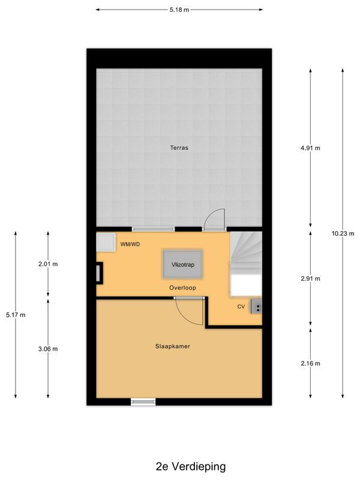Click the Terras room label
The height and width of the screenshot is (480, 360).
(179, 147)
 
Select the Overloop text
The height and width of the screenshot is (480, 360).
(182, 288)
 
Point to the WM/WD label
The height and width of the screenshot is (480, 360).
(130, 244)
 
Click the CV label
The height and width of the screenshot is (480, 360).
(241, 307)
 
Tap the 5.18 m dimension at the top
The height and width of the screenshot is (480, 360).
(178, 10)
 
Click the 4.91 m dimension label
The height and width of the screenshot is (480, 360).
(310, 148)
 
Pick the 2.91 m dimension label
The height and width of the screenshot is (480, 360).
(310, 278)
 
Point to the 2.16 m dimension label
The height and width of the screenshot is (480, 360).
(310, 363)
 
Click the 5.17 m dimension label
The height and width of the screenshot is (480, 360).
(15, 314)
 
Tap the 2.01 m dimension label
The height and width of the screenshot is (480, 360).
(48, 264)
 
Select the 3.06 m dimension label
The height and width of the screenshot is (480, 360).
(48, 349)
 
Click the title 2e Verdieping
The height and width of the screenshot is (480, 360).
(182, 466)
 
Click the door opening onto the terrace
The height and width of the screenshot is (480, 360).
(214, 220)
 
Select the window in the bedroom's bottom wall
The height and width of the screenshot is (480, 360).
(143, 401)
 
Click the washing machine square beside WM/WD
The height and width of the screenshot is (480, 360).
(106, 243)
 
